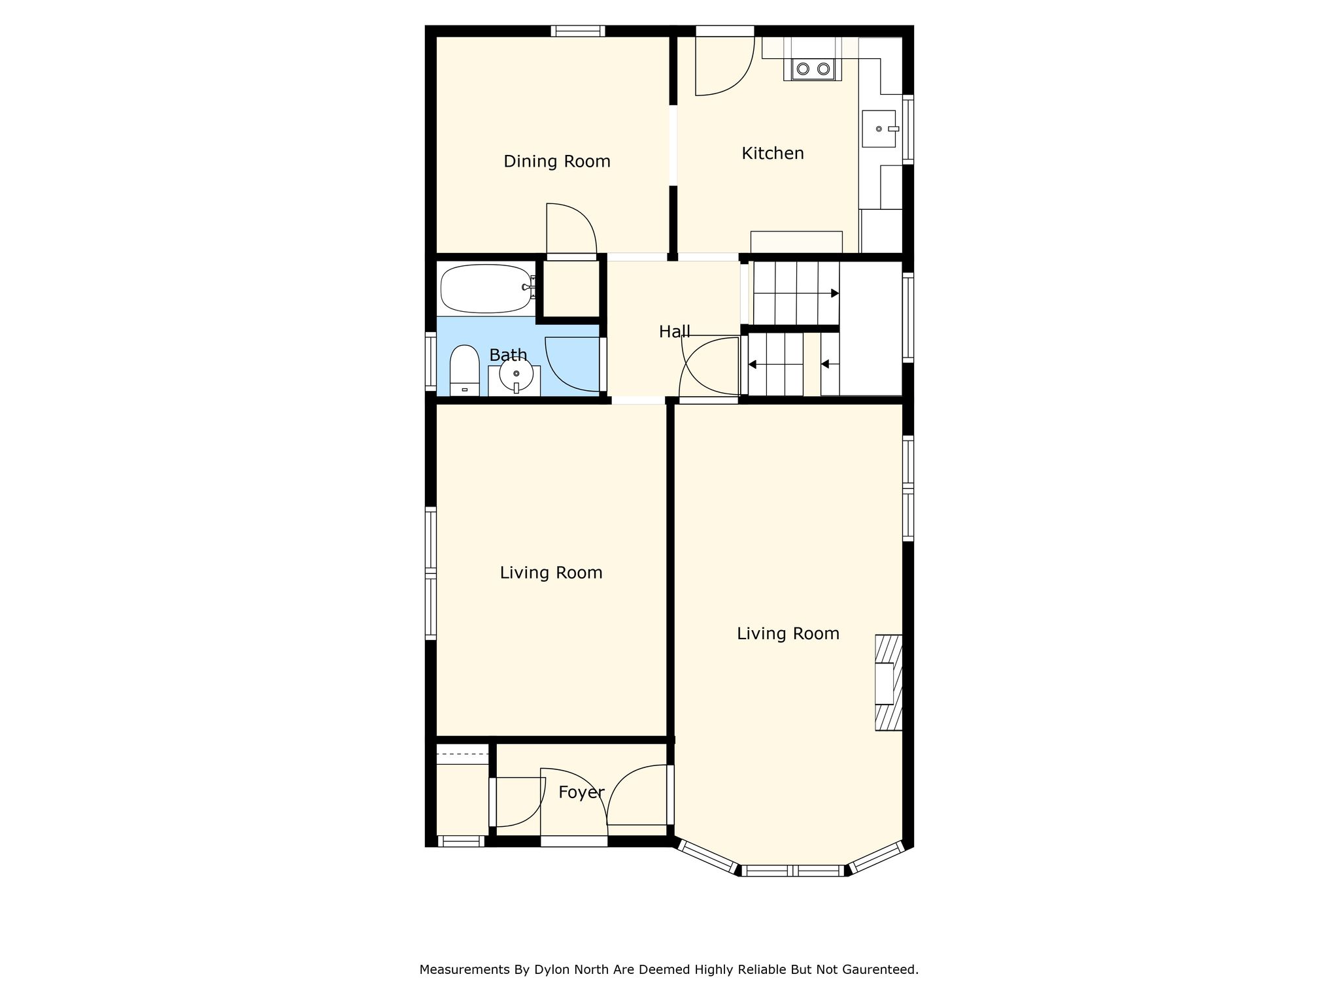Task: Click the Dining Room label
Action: (x=557, y=161)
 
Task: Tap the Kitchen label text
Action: (x=773, y=154)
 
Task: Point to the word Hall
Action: (x=675, y=332)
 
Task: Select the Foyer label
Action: (x=581, y=793)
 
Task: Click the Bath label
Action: (x=508, y=355)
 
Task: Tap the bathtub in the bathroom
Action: (x=486, y=288)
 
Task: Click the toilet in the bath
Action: (x=464, y=370)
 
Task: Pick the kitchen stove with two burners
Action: (x=813, y=69)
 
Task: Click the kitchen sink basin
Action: (x=879, y=129)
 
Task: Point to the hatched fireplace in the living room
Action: (x=889, y=682)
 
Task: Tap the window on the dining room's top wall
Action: (x=577, y=31)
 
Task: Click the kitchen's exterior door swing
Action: (x=724, y=65)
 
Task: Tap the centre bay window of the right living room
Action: (x=794, y=871)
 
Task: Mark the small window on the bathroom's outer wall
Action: (x=430, y=361)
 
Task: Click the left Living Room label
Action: (x=551, y=573)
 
